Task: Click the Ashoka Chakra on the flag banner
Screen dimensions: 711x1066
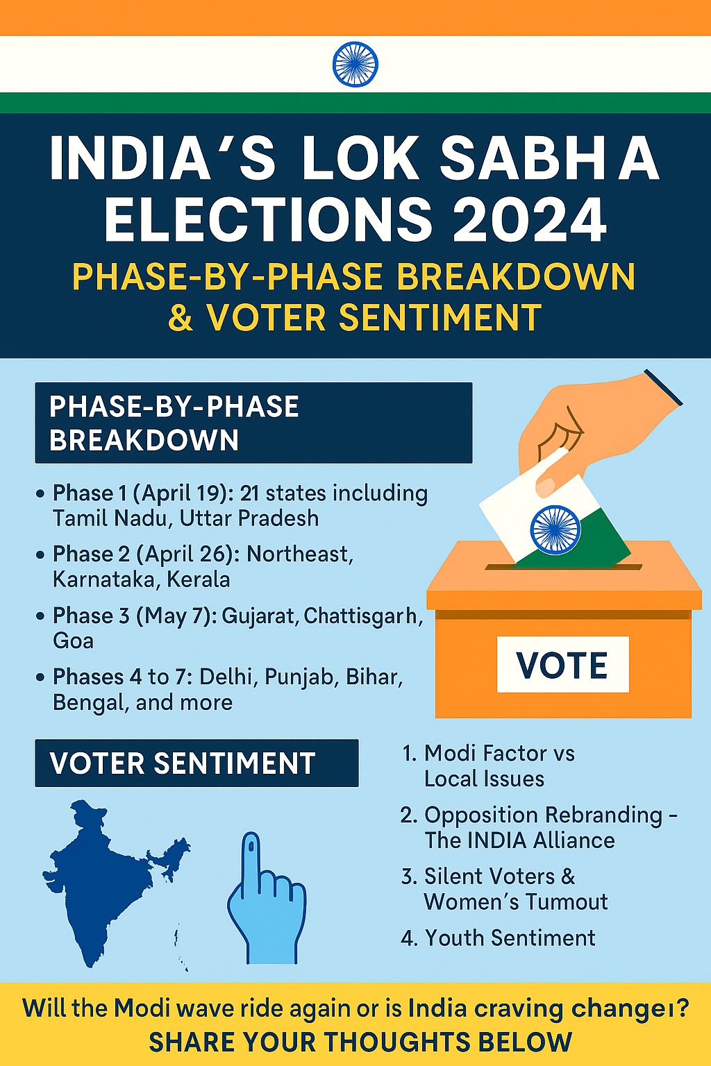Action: pyautogui.click(x=355, y=65)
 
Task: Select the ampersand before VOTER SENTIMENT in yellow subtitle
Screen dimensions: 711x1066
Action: pyautogui.click(x=181, y=317)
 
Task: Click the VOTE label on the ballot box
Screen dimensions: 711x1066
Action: pyautogui.click(x=562, y=664)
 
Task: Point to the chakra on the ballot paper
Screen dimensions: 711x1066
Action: pyautogui.click(x=555, y=530)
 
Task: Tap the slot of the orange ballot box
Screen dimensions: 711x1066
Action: pyautogui.click(x=563, y=567)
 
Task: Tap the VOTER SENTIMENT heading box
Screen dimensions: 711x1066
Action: pyautogui.click(x=196, y=763)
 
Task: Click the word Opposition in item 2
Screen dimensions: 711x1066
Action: pyautogui.click(x=481, y=815)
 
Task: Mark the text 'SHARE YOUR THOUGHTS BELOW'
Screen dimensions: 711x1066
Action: pyautogui.click(x=360, y=1042)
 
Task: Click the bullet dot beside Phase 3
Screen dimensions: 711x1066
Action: pyautogui.click(x=40, y=616)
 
